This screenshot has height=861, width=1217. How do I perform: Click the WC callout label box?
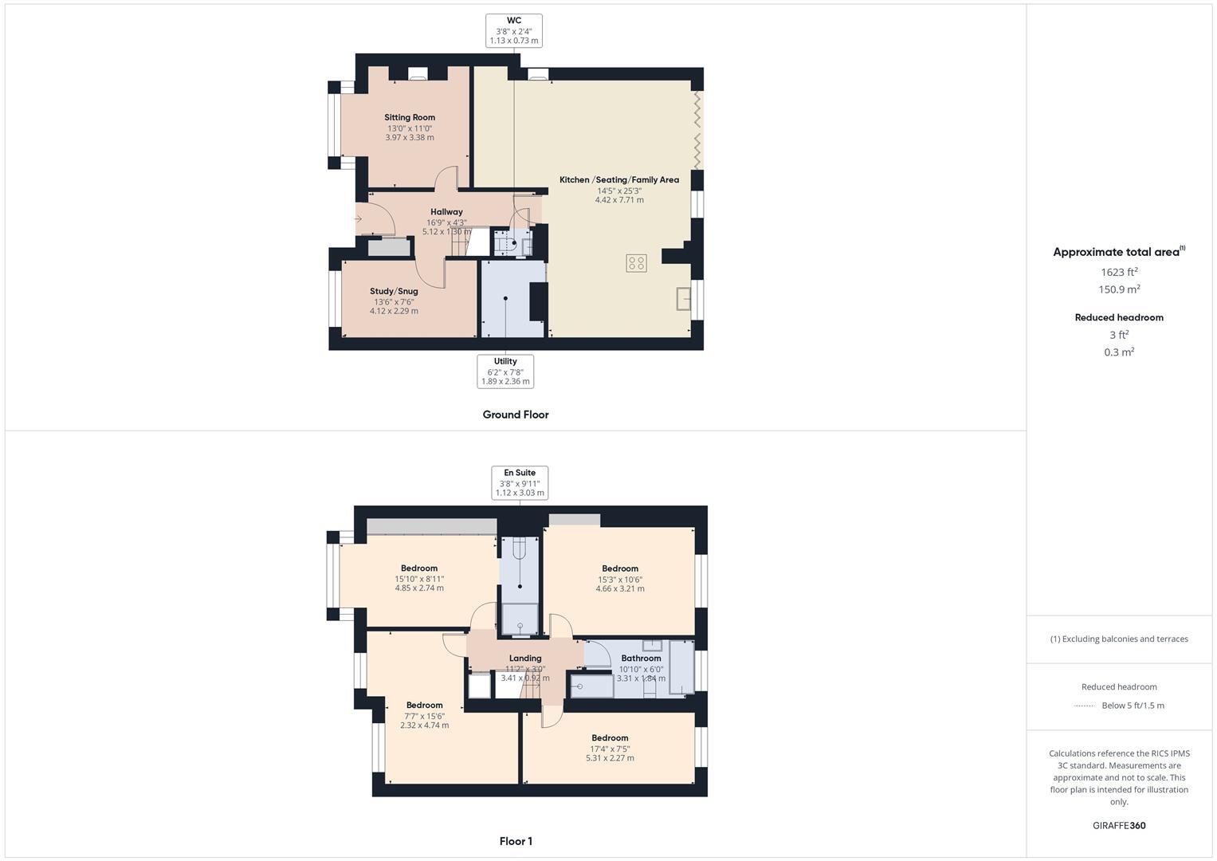coord(514,30)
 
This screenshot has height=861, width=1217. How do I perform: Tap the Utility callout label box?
coord(505,372)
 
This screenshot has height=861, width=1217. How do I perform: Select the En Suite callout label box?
coord(520,482)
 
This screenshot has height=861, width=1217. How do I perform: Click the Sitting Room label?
coord(410,118)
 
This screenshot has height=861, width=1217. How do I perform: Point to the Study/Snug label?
coord(394,292)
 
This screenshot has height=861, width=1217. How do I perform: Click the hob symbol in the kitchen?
coord(636,263)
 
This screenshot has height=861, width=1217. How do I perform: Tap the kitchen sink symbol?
coord(683,298)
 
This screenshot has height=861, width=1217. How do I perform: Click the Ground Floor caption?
coord(516,415)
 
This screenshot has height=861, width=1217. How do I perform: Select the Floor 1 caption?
coord(516,841)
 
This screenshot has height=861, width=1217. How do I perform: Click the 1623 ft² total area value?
coord(1119,272)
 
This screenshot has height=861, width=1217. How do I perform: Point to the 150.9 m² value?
coord(1119,289)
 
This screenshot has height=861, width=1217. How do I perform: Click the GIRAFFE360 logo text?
coord(1119,825)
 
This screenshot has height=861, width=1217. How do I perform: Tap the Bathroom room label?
coord(641,659)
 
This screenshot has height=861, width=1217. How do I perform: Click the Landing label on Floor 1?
coord(525,659)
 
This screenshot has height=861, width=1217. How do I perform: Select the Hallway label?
coord(446,212)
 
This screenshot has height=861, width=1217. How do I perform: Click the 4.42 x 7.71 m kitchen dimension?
coord(619,200)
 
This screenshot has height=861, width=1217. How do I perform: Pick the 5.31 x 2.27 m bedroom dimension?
coord(610,758)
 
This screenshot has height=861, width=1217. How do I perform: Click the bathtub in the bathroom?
coord(592,686)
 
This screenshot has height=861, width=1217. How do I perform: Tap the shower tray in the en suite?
coord(520,619)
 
